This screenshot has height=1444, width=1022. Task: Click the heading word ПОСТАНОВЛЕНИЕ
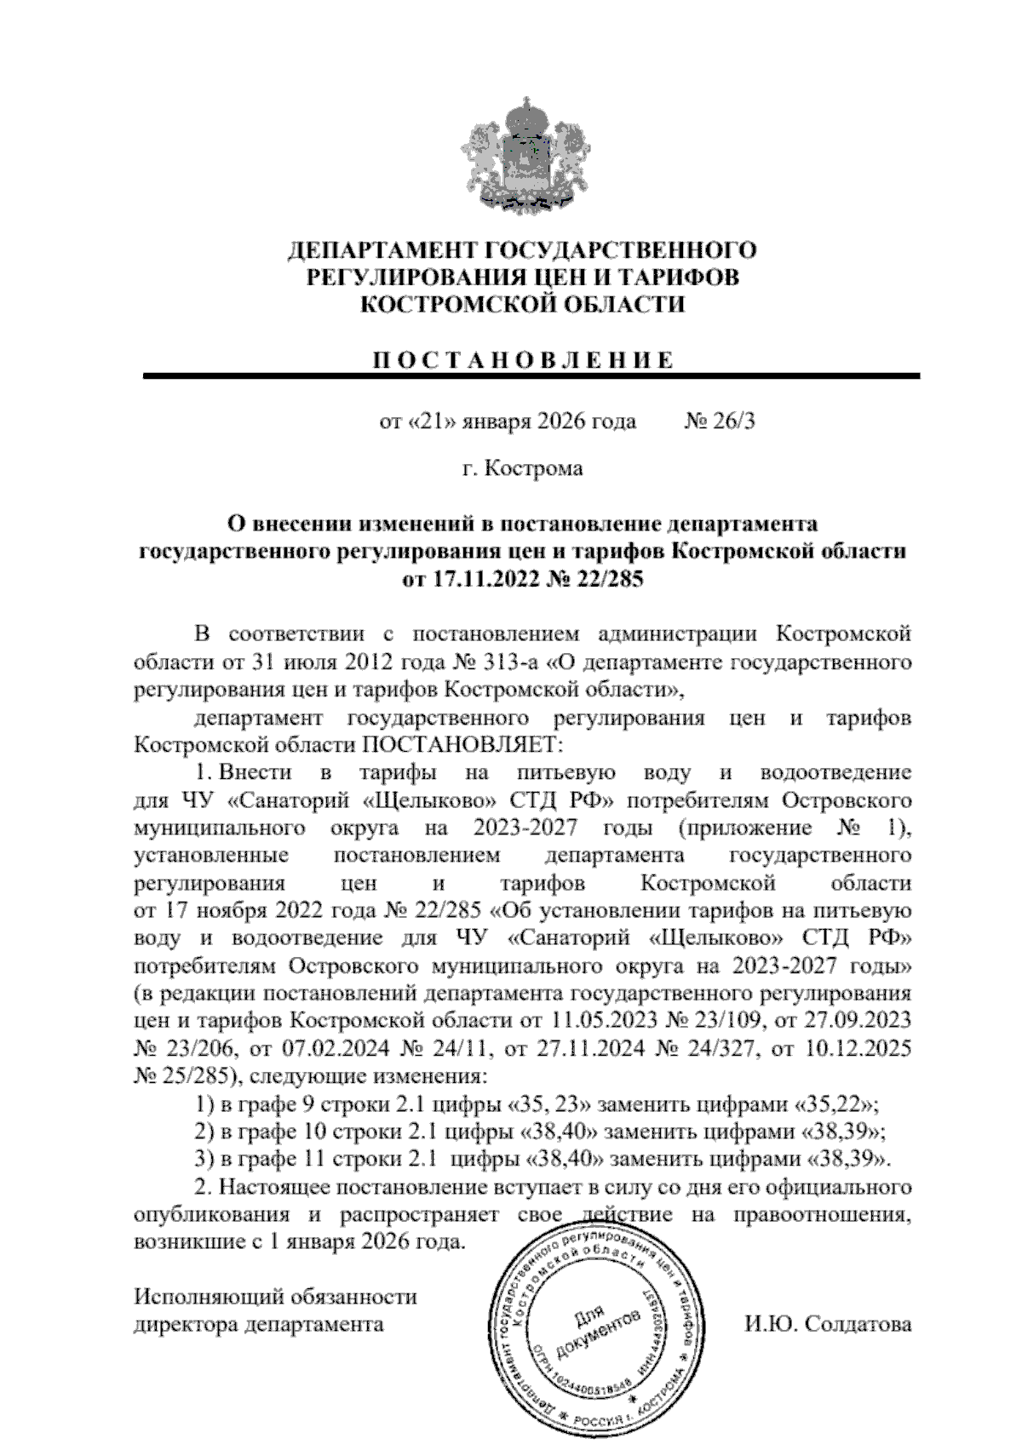tap(522, 359)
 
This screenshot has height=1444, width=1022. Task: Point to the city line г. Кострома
tap(522, 468)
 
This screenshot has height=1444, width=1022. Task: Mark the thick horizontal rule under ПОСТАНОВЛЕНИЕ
tap(531, 375)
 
